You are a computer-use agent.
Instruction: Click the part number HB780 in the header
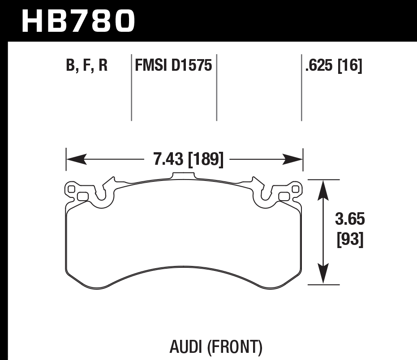78,21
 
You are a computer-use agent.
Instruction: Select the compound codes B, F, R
86,66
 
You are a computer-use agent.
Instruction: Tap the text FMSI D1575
173,66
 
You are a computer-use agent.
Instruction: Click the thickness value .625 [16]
333,66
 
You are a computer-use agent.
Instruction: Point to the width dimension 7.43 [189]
188,159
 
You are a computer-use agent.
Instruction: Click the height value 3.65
350,220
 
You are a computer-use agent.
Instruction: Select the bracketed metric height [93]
350,240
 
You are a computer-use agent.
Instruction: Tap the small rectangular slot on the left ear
82,196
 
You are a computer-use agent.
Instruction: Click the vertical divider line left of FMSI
131,87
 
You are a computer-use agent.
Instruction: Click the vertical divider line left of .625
301,87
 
